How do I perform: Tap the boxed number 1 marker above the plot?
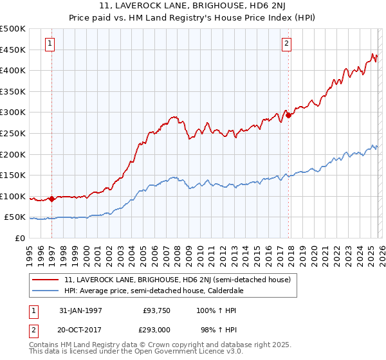(x=50, y=44)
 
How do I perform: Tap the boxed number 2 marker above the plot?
(x=287, y=44)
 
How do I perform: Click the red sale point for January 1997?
(x=52, y=199)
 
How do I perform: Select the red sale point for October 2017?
(x=288, y=116)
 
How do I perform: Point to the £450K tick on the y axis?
(x=13, y=50)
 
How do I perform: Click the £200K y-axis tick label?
(x=13, y=154)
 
